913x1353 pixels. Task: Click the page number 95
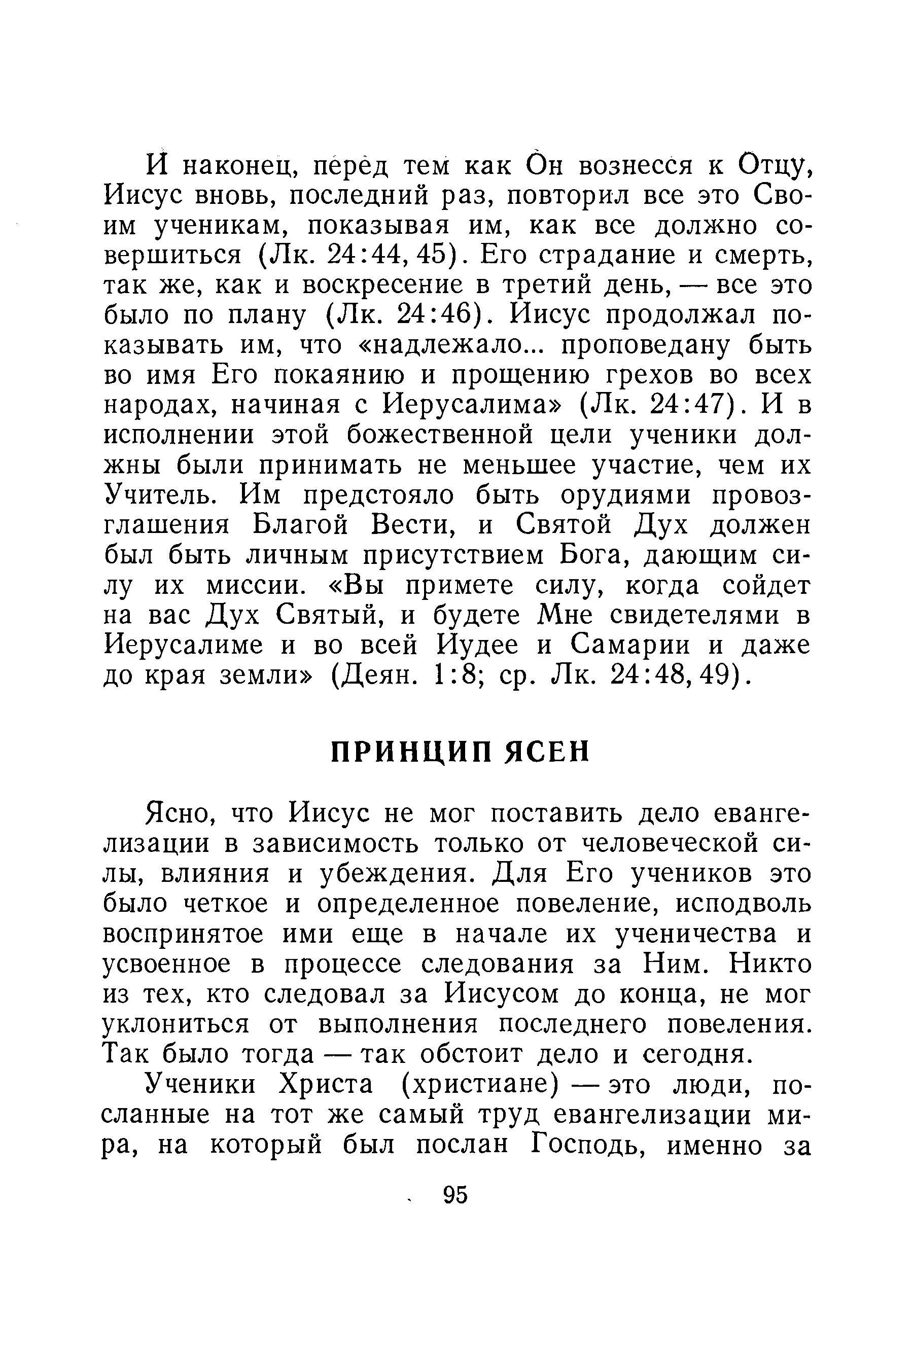[455, 1195]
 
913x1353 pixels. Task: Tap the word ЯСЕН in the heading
[546, 752]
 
